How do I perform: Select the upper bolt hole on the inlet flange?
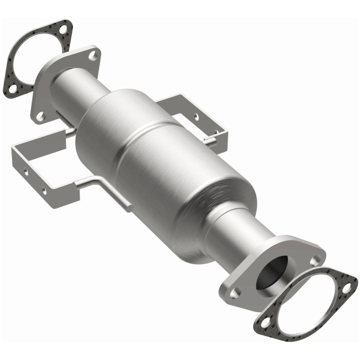click(92, 56)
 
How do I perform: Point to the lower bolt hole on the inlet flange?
click(40, 116)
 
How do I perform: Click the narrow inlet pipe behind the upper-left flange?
click(72, 85)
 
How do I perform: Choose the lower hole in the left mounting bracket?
click(44, 191)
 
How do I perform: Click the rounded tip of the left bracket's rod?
click(129, 208)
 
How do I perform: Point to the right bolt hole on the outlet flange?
click(318, 260)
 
